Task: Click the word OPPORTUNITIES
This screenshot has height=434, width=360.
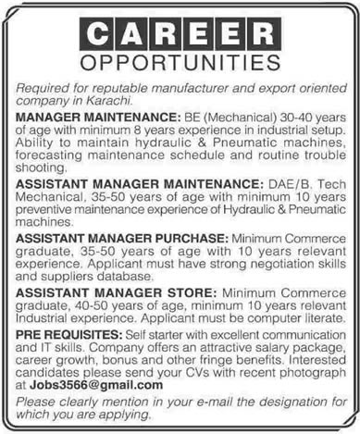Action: click(x=180, y=66)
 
